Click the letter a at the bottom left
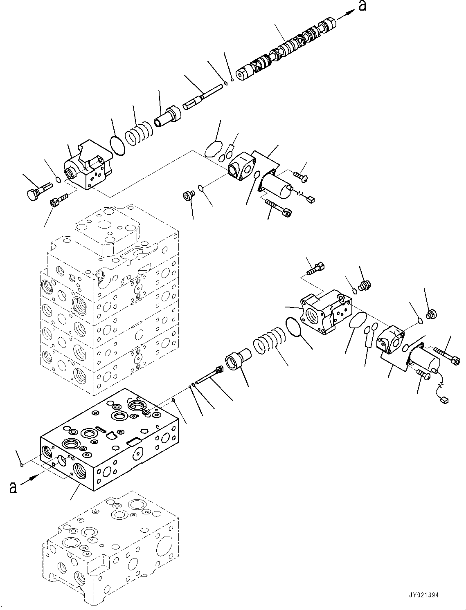pos(13,487)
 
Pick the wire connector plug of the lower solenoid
pos(443,401)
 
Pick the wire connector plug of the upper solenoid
pos(311,200)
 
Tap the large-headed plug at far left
pos(34,193)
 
